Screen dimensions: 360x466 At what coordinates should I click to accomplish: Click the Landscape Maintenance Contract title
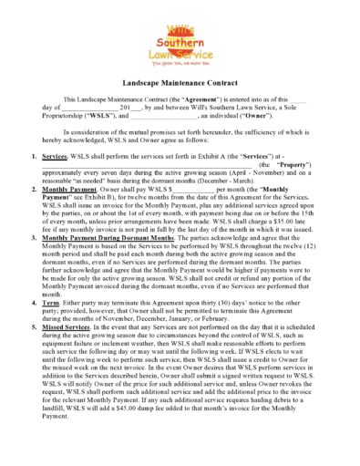180,83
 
